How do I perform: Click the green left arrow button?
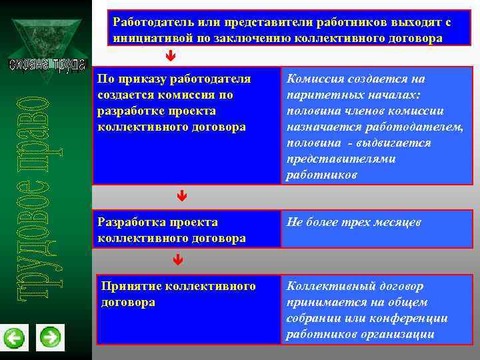(x=14, y=338)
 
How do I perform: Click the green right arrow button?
(x=50, y=338)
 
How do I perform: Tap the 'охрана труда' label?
(x=47, y=65)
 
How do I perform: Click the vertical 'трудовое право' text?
(x=32, y=193)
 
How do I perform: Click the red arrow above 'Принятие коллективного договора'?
(x=178, y=259)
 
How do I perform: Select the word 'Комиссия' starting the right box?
(x=313, y=79)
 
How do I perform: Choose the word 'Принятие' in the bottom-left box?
(x=128, y=286)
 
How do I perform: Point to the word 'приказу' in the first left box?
(x=142, y=79)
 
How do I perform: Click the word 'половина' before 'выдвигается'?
(x=310, y=143)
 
